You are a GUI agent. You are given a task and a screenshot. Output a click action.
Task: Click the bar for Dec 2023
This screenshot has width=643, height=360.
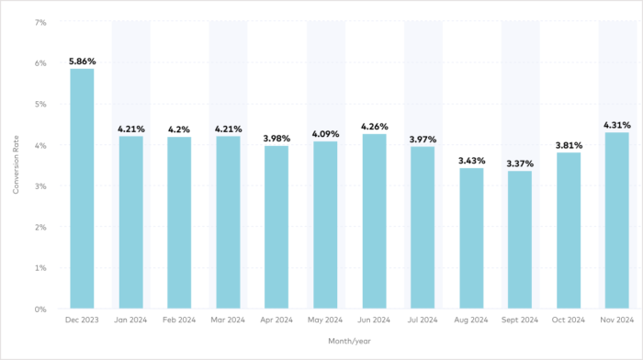coord(82,189)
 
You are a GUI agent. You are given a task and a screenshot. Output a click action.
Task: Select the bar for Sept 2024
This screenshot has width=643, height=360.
coord(519,240)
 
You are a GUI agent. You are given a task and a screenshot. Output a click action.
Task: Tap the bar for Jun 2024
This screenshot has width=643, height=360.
coord(374,221)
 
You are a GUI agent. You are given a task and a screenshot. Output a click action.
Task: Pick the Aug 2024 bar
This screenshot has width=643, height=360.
coord(470,239)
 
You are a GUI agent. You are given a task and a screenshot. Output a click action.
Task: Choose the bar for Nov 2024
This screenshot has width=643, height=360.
coord(616,220)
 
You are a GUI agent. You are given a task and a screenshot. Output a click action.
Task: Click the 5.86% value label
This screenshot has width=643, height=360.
coord(82,61)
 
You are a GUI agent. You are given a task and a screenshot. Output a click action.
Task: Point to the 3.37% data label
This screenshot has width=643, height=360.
coord(519,163)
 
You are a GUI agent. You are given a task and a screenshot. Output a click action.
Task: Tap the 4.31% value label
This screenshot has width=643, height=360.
coord(616,124)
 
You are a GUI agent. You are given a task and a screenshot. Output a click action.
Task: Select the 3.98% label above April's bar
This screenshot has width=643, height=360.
coord(276,138)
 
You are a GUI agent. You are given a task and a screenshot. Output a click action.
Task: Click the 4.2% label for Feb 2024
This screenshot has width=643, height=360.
coord(179,129)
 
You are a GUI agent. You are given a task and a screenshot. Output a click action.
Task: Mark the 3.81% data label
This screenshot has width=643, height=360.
coord(568,144)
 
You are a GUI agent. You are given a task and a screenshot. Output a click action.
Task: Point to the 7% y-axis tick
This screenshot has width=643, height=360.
coord(41,22)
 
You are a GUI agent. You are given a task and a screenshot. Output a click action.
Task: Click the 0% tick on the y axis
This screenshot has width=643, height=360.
coord(41,309)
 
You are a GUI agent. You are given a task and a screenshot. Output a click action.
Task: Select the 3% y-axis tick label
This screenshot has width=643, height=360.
coord(41,186)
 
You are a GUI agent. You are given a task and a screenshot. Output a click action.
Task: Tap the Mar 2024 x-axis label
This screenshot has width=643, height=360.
coord(228,321)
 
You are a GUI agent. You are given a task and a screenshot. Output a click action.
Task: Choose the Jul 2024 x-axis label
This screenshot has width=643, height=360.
coord(423,321)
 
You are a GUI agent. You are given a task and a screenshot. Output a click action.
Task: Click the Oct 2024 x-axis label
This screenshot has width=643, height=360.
coord(568,321)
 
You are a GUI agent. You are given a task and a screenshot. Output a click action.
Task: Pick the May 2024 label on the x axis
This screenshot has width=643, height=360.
coord(325,321)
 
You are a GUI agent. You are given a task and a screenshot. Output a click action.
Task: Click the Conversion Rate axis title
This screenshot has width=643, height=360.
coord(15,165)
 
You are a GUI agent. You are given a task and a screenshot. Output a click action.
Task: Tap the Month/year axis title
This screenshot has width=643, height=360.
coord(349,342)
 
